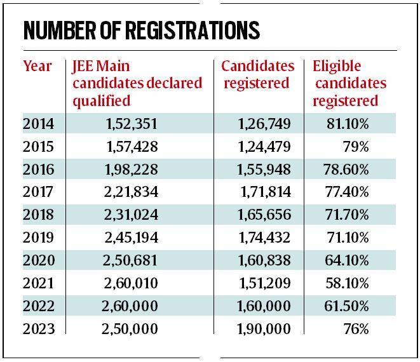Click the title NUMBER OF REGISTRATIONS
tap(141, 30)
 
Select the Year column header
tap(37, 66)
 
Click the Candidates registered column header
tap(257, 74)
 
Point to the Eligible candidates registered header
tap(349, 83)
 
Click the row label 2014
tap(37, 124)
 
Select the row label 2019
tap(37, 238)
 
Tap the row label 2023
tap(37, 329)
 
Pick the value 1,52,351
tap(132, 124)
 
